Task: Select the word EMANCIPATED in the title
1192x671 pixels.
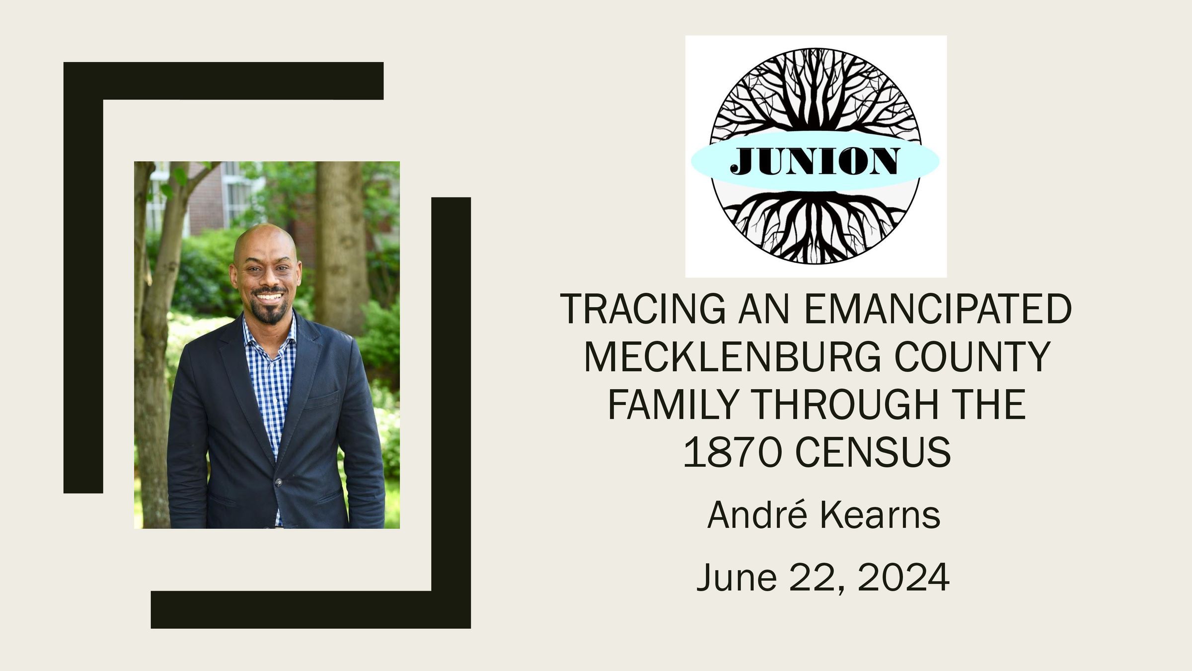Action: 937,309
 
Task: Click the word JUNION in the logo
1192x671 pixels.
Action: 815,161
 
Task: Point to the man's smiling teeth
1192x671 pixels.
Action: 269,297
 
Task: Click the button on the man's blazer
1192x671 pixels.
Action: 278,482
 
